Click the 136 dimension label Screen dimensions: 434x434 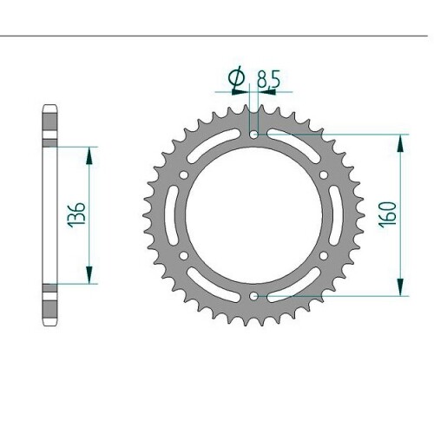(x=76, y=214)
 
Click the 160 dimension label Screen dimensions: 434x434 (x=389, y=214)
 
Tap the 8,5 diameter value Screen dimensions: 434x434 (x=268, y=80)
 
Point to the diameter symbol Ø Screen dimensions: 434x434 (x=237, y=77)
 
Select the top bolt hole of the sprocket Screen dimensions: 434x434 (x=254, y=135)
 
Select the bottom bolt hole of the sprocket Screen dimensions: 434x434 (x=254, y=296)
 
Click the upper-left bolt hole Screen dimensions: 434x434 (x=184, y=174)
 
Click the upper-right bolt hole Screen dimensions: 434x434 (x=324, y=174)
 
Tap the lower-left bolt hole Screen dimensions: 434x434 (x=184, y=256)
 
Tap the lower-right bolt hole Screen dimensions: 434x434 (x=324, y=256)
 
